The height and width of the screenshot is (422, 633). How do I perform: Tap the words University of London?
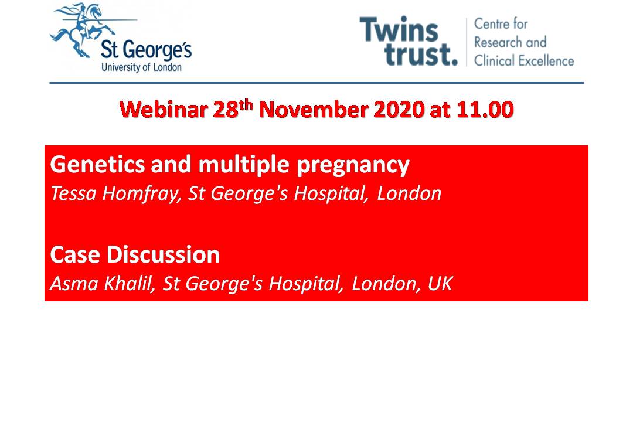(141, 67)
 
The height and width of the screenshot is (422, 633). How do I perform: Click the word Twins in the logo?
(399, 29)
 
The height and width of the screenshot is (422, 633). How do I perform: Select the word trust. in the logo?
(421, 54)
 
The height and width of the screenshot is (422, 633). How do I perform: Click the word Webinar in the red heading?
(164, 110)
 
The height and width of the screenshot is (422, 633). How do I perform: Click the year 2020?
(399, 110)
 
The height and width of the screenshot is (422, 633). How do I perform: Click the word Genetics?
(97, 164)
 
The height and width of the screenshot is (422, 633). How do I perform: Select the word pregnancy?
(353, 165)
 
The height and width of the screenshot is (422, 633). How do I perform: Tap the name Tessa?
(73, 193)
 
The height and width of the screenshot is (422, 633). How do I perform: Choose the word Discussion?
(163, 254)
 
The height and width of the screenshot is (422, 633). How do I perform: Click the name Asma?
(74, 283)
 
